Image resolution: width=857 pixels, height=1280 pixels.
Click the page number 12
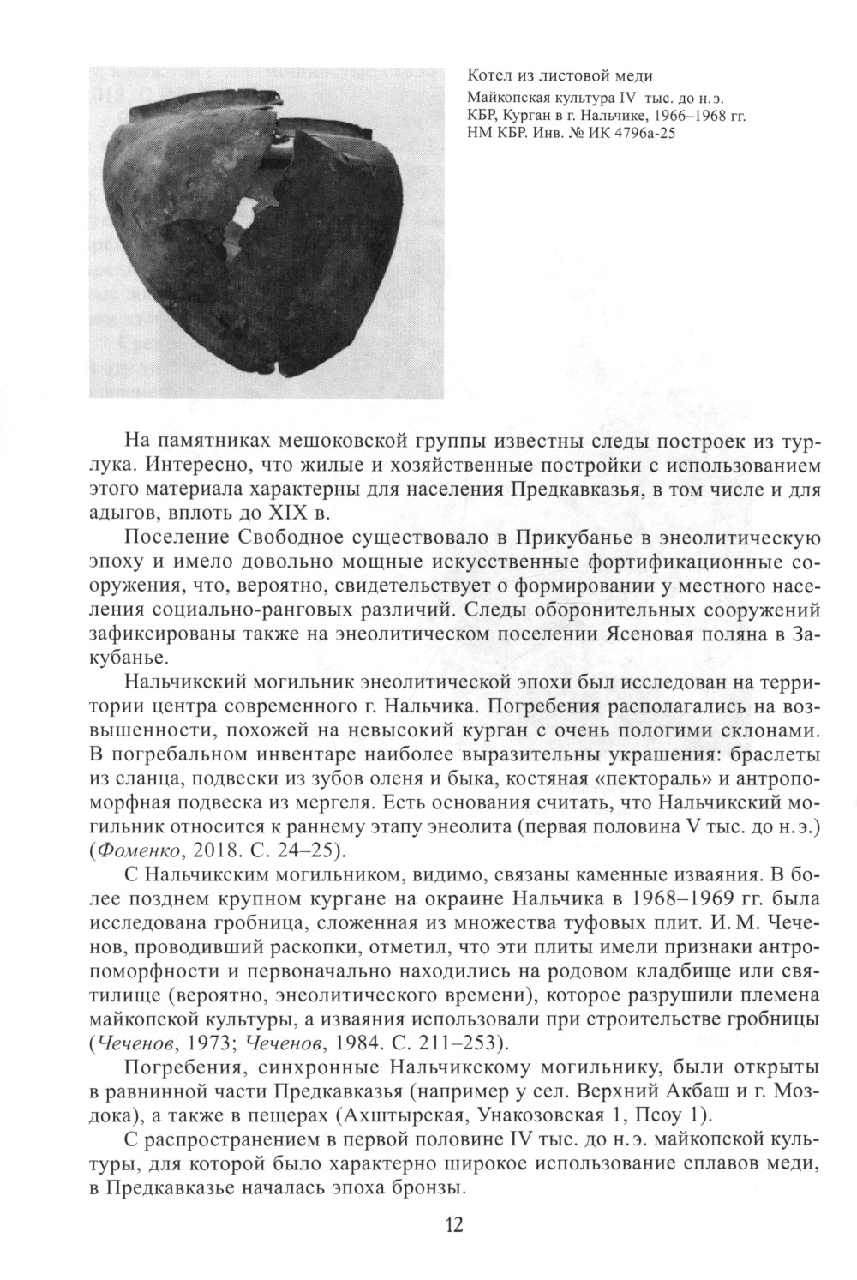point(453,1223)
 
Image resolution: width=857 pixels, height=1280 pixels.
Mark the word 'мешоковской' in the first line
point(344,442)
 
